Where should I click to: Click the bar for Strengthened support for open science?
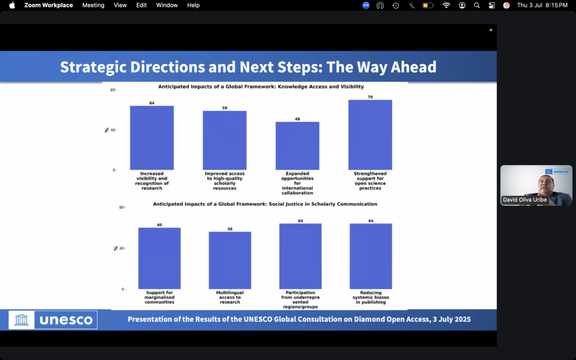coord(370,135)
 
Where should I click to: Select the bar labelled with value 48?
coord(297,146)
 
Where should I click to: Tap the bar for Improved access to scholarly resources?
coord(224,140)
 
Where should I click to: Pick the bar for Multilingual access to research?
coord(230,260)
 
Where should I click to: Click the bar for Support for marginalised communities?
coord(159,258)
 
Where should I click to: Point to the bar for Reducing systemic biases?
coord(371,256)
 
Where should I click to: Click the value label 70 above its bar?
coord(370,97)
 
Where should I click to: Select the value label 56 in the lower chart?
coord(230,229)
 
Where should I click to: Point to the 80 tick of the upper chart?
coord(112,90)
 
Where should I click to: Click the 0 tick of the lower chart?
coord(123,290)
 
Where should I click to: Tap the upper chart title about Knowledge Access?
coord(261,87)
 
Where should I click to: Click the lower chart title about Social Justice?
coord(265,204)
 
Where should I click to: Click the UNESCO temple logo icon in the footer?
coord(21,319)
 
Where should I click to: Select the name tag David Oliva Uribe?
coord(525,200)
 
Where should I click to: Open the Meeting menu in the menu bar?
coord(93,5)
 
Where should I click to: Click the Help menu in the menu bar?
coord(193,5)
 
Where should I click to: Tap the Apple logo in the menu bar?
coord(12,5)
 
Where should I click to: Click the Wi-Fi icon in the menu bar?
coord(446,5)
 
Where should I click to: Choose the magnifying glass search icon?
coord(477,5)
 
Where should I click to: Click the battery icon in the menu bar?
coord(428,6)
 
